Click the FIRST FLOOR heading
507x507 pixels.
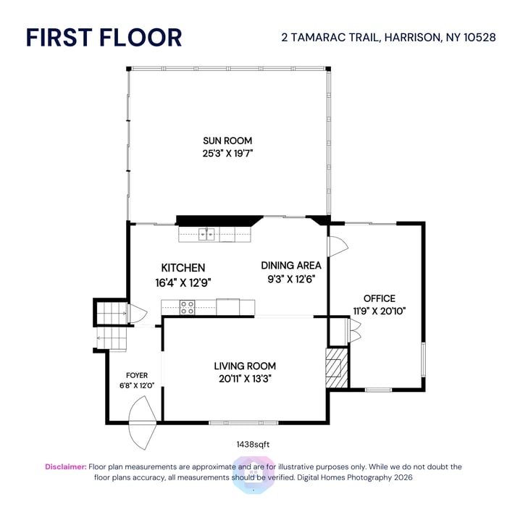pyautogui.click(x=104, y=37)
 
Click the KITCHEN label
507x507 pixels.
pyautogui.click(x=183, y=268)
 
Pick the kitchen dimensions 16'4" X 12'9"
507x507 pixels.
pyautogui.click(x=183, y=282)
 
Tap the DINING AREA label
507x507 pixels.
pyautogui.click(x=291, y=265)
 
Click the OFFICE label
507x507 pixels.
pyautogui.click(x=380, y=298)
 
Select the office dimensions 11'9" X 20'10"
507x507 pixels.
pyautogui.click(x=380, y=311)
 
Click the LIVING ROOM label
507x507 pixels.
pyautogui.click(x=245, y=366)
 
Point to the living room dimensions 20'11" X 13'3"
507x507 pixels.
pyautogui.click(x=245, y=378)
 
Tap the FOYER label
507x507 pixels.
pyautogui.click(x=137, y=375)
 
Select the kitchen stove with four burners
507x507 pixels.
pyautogui.click(x=188, y=308)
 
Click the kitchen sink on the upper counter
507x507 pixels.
pyautogui.click(x=208, y=233)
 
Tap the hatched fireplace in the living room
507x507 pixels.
pyautogui.click(x=336, y=367)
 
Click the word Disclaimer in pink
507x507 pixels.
pyautogui.click(x=66, y=467)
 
